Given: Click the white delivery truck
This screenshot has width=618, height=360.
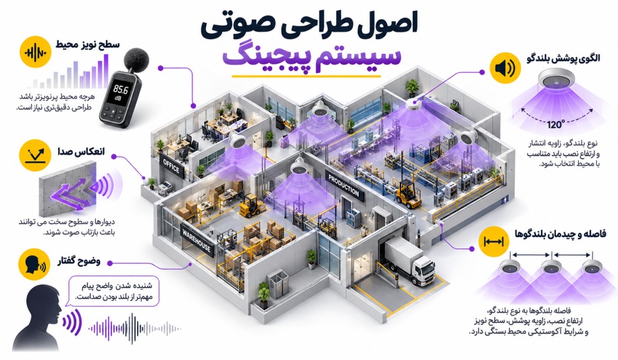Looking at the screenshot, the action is coord(409,261).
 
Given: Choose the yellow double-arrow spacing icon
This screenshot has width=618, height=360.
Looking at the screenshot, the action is coord(494,241).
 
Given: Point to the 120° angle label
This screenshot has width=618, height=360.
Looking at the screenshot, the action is coord(556,124).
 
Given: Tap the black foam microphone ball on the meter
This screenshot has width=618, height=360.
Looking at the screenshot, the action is coord(136,59).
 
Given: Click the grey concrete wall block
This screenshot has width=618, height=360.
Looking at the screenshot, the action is coord(66,192).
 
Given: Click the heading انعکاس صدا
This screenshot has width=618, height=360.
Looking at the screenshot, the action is coord(81,152).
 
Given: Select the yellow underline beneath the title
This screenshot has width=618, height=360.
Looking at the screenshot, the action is coord(306,76).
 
